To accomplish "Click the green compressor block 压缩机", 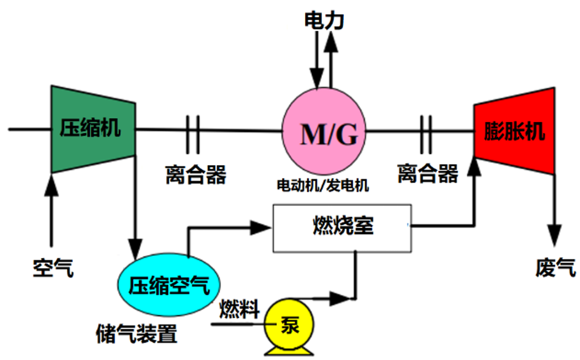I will pos(92,129).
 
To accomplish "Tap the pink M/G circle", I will pos(324,133).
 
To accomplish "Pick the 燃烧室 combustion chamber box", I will pos(342,228).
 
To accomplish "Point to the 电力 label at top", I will pos(324,20).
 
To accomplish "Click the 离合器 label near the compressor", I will pos(195,174).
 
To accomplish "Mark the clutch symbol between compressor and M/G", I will pos(192,131).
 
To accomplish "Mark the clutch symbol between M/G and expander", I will pos(425,131).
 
